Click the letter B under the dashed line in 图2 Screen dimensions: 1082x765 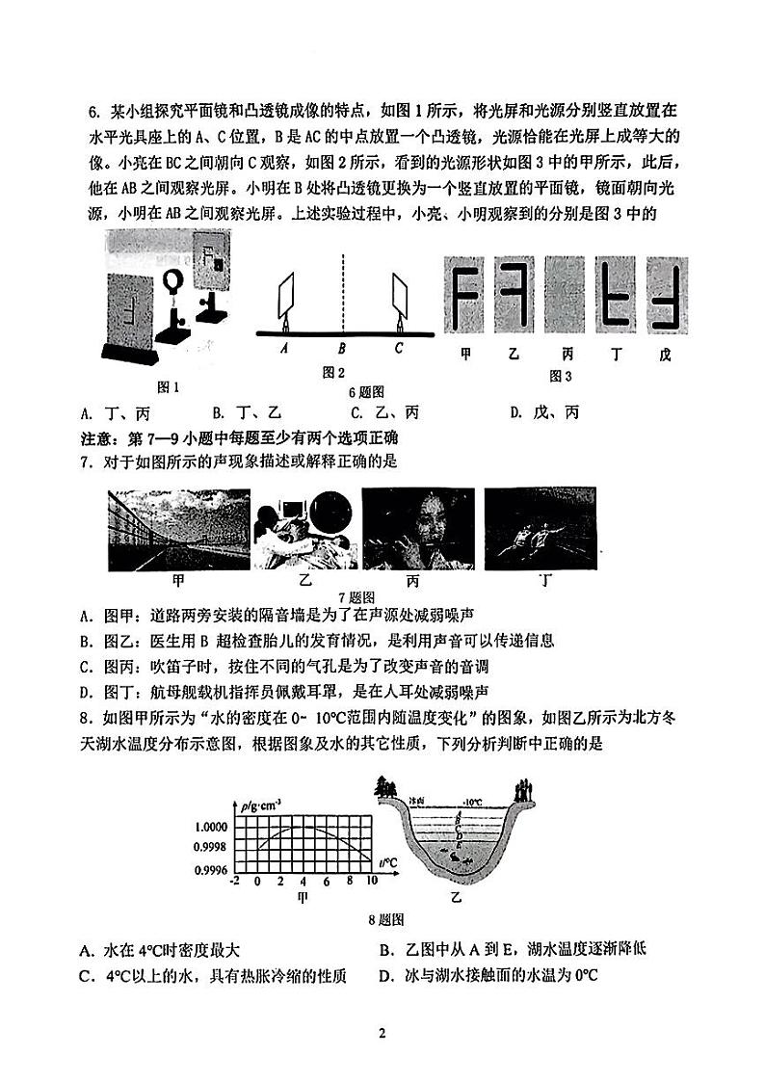[x=341, y=351]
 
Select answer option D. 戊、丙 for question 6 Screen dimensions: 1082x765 [x=544, y=413]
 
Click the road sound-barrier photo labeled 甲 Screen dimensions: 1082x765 [x=179, y=530]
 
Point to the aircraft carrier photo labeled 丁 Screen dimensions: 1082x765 [x=541, y=530]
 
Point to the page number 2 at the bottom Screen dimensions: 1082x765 [x=382, y=1034]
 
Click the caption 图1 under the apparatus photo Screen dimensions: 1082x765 [x=169, y=386]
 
